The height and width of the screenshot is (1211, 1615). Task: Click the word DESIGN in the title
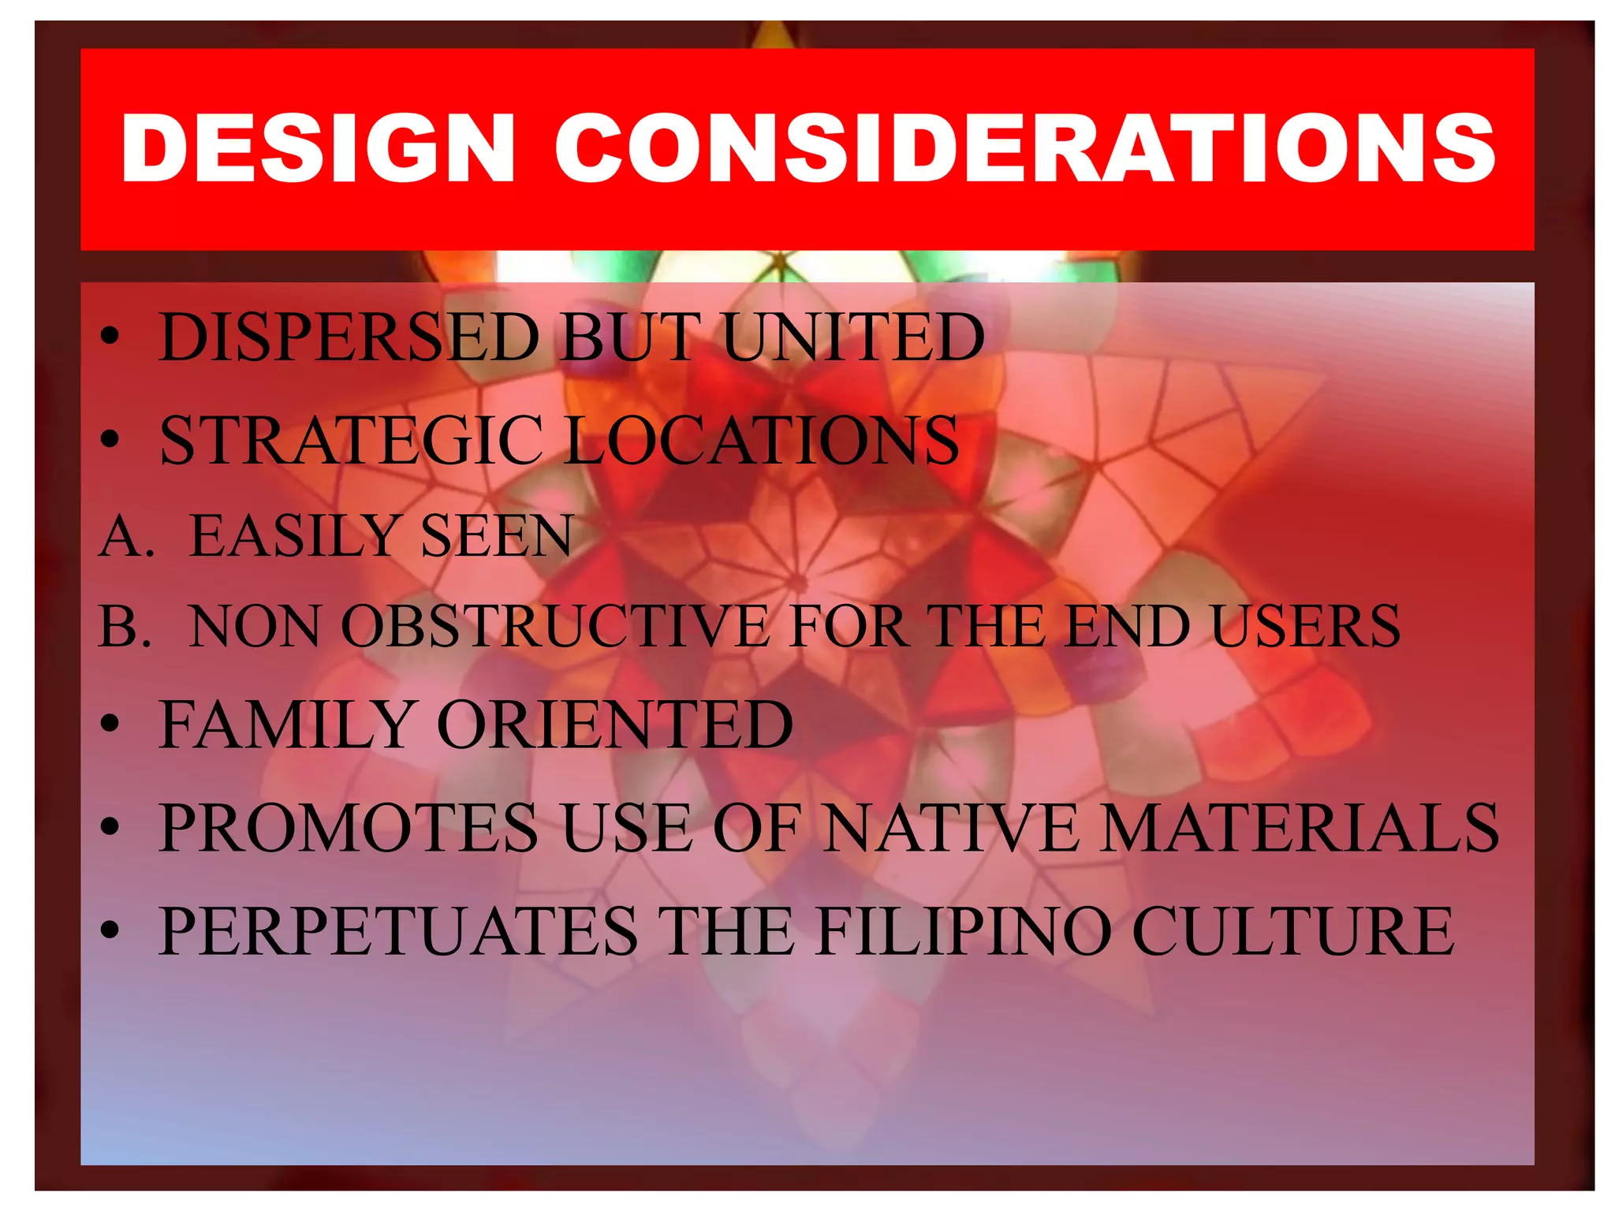(x=318, y=148)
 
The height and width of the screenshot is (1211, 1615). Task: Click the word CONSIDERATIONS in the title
(x=1024, y=148)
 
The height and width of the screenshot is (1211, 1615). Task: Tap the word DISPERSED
(x=349, y=337)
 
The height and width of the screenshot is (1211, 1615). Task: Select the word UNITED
(x=853, y=337)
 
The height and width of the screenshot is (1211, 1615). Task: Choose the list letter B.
(x=125, y=628)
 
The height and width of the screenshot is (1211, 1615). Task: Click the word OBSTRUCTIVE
(x=554, y=628)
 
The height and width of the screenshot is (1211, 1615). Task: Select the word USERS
(x=1306, y=628)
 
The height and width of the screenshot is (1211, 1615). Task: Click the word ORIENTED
(x=614, y=725)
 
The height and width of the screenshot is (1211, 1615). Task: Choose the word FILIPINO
(x=964, y=931)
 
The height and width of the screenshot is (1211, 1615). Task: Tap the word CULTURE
(x=1293, y=931)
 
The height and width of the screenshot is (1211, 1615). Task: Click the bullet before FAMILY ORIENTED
(x=110, y=725)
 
